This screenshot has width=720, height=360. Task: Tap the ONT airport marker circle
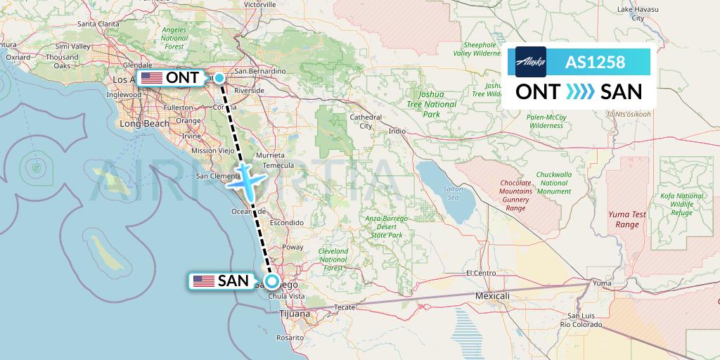coord(219,78)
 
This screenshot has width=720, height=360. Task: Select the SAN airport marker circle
coord(272,282)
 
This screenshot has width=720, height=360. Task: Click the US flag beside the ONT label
coord(151,78)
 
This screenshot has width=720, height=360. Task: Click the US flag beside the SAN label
coord(204,281)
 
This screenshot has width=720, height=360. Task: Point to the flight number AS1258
coord(595,62)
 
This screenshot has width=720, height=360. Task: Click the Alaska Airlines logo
coord(530,62)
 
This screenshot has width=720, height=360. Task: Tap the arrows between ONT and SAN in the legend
coord(580,92)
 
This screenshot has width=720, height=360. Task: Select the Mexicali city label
coord(492,296)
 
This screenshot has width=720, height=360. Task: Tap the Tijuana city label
coord(295,314)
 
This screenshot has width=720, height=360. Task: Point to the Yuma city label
coord(602,283)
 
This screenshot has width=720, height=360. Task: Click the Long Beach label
coord(145,124)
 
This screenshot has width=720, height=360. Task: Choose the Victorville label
coord(261,4)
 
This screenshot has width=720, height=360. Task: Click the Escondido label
coord(286,222)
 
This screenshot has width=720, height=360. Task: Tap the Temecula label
coord(278,165)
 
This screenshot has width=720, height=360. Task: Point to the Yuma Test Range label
coord(624,219)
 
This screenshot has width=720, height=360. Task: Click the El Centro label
coord(482,272)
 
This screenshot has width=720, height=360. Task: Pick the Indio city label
coord(397,131)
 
